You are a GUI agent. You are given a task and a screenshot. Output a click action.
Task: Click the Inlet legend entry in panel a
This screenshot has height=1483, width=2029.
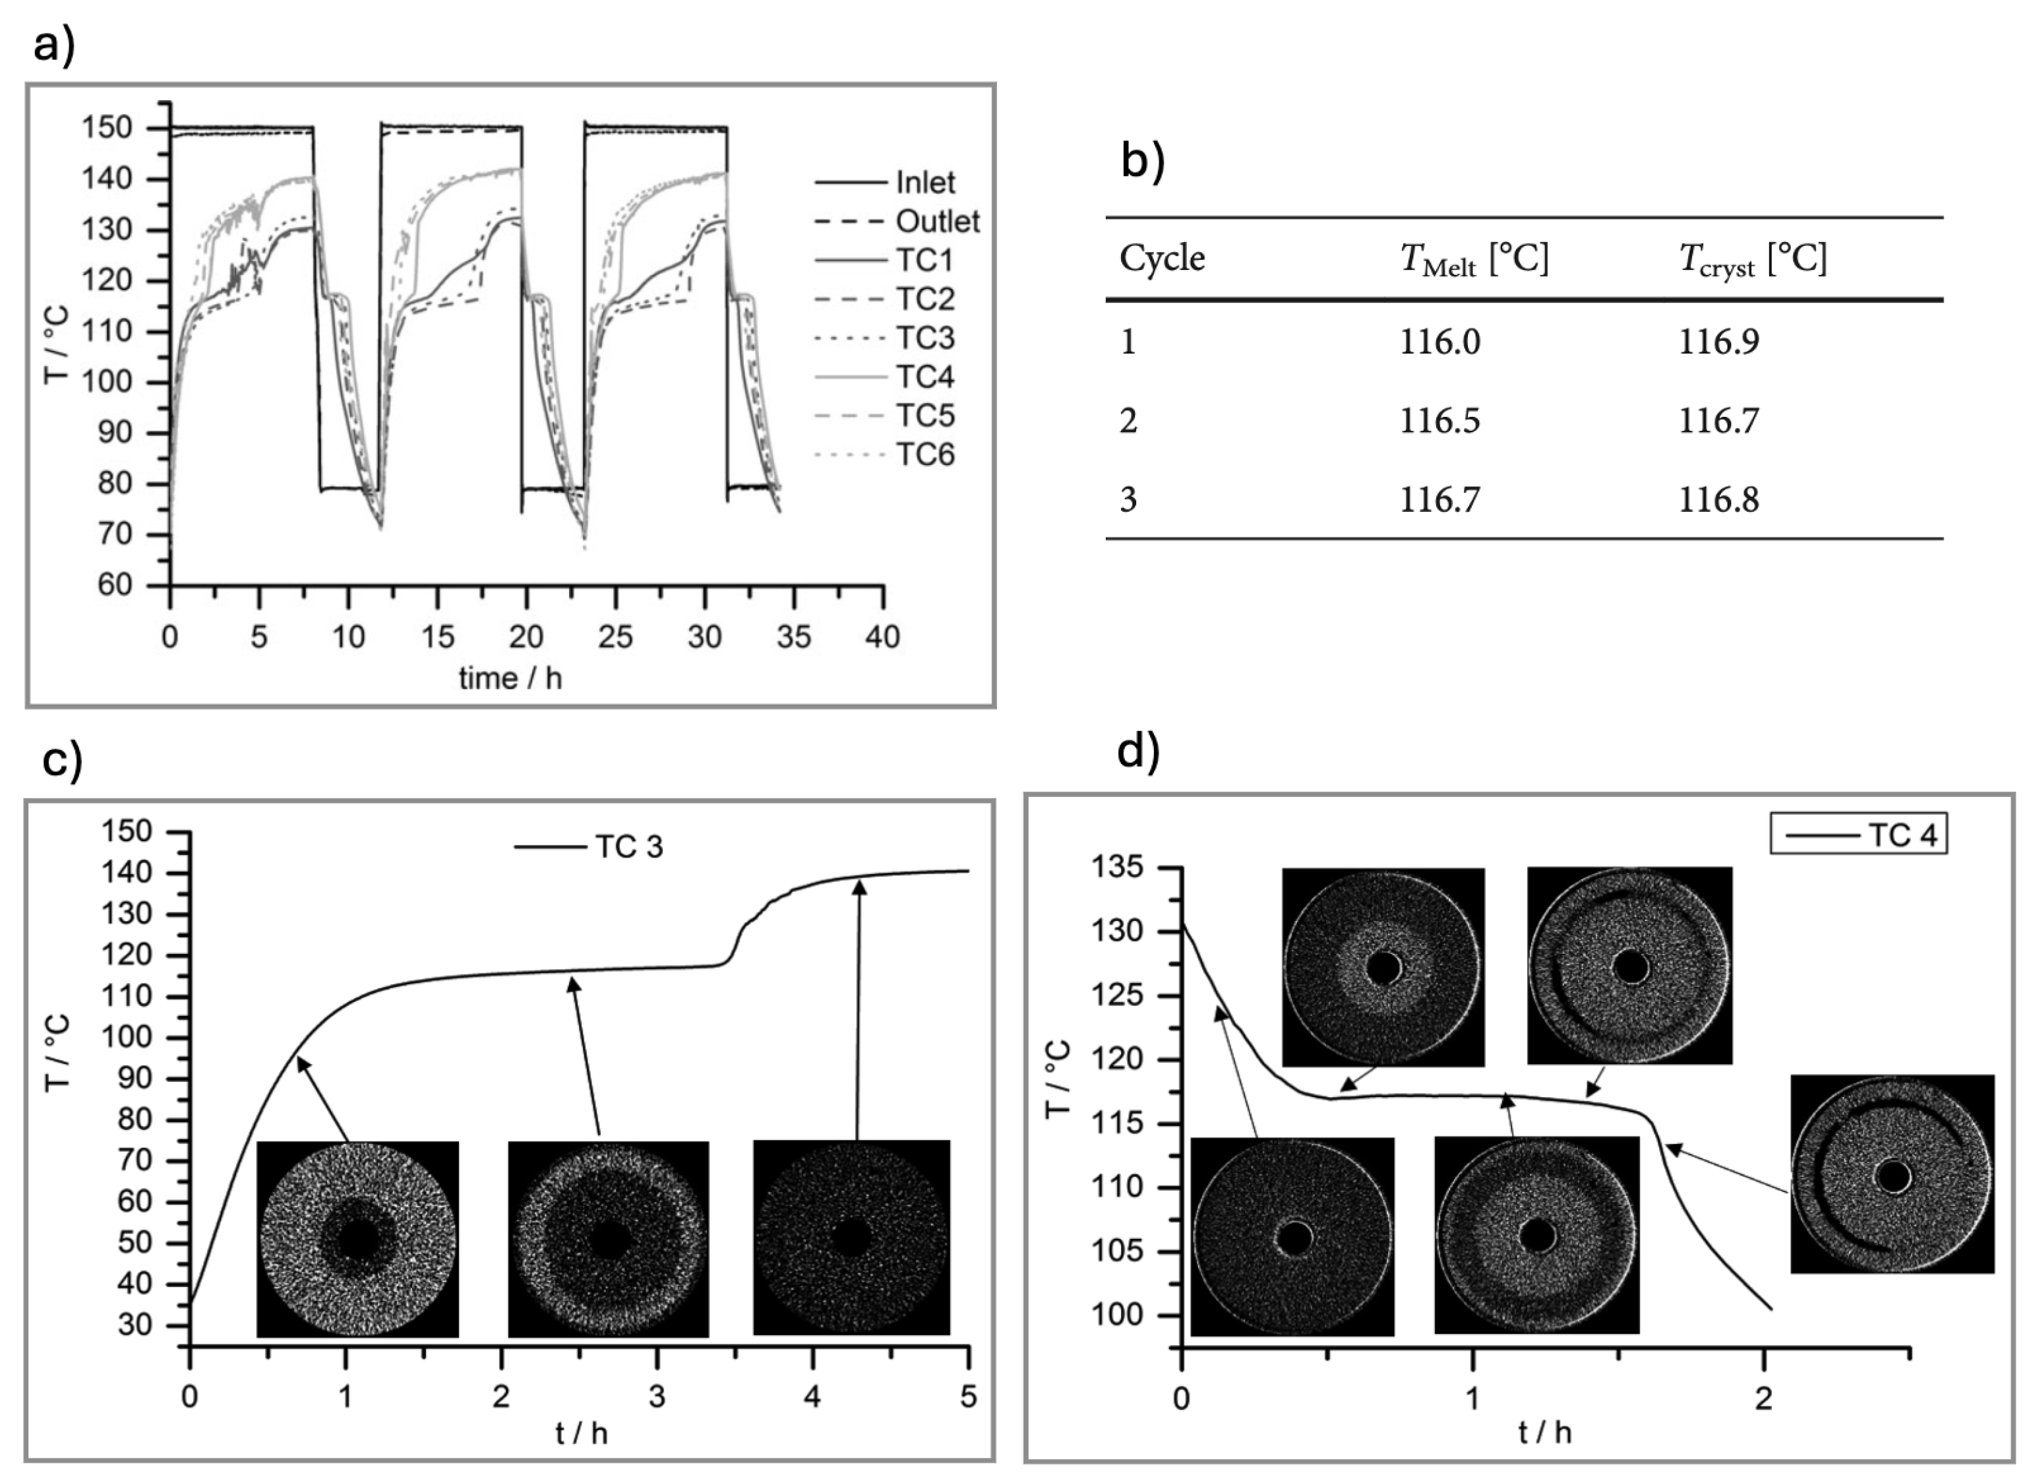coord(925,182)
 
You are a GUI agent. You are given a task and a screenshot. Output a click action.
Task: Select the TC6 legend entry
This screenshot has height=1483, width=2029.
coord(925,455)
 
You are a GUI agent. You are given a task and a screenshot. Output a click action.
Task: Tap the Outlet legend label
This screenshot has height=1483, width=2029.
coord(937,221)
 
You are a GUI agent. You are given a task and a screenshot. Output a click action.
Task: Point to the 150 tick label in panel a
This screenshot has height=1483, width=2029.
coord(107,129)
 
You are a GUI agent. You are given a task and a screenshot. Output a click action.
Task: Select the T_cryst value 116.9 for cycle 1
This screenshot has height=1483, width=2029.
coord(1718,342)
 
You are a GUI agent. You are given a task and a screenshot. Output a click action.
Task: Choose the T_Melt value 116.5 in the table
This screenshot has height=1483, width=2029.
coord(1439,420)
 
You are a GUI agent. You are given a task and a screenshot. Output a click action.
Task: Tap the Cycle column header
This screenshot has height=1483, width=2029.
coord(1161,259)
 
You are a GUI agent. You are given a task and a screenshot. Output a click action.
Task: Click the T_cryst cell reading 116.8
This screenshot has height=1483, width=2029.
coord(1718,499)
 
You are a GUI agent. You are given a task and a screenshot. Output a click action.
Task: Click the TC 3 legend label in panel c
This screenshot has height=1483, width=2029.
coord(628,846)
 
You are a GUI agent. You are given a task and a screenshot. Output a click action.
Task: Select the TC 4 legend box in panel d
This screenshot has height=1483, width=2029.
coord(1858,835)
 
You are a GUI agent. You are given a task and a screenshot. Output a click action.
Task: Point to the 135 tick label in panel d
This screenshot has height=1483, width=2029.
coord(1117,868)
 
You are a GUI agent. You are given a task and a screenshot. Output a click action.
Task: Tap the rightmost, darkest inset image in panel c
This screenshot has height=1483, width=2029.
coord(851,1238)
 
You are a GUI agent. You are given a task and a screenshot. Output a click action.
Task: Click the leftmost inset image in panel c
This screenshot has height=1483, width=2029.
coord(357,1240)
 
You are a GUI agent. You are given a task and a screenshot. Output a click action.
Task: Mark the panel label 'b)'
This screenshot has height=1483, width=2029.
coord(1142,162)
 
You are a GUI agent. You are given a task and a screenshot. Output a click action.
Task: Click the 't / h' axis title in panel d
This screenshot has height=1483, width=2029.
coord(1544,1432)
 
